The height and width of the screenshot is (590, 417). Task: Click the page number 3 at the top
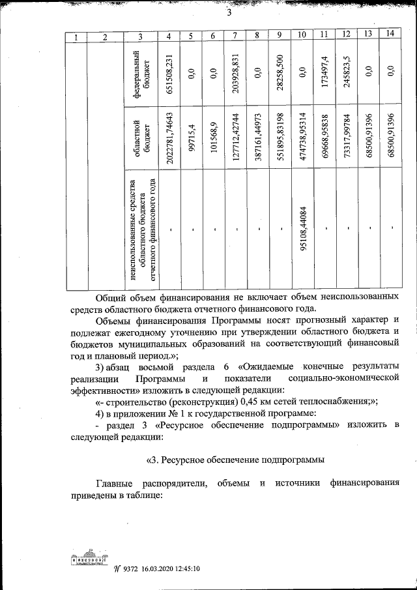(229, 14)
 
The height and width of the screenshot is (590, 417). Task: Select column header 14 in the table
(390, 35)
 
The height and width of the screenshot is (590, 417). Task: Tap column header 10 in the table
(302, 35)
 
